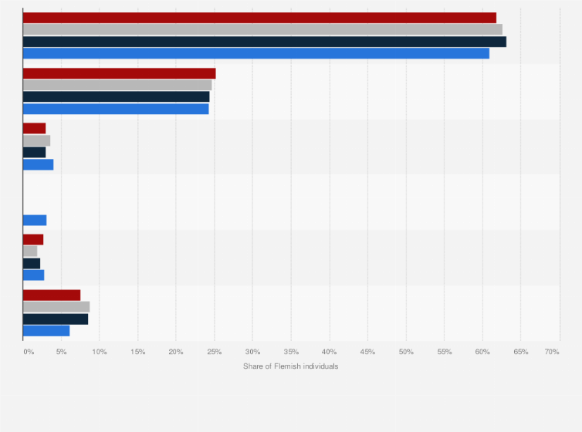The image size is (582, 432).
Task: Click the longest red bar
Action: (x=259, y=17)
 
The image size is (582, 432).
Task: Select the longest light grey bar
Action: (x=262, y=29)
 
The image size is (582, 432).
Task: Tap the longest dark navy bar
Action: (x=265, y=42)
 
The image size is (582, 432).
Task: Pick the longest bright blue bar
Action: (x=256, y=53)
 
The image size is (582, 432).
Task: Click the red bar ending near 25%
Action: (x=119, y=73)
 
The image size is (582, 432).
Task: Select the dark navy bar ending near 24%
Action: (x=116, y=97)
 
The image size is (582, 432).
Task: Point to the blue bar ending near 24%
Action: (x=116, y=109)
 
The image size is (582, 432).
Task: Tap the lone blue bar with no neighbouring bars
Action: (x=35, y=220)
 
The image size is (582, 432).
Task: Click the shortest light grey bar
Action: (x=30, y=251)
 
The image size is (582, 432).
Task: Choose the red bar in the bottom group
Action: (x=52, y=295)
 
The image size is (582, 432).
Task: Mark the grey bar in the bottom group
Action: (x=56, y=306)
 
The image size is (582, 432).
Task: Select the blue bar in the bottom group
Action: (x=46, y=330)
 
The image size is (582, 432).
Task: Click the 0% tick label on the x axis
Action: (x=28, y=352)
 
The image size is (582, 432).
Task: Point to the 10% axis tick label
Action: (x=100, y=352)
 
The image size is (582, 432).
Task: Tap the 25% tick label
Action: (x=215, y=352)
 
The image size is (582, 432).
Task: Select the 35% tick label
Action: (x=291, y=352)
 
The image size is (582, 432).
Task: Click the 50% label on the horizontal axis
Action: (x=406, y=352)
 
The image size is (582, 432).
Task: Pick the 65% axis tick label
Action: (x=521, y=352)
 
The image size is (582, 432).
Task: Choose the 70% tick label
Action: (x=552, y=352)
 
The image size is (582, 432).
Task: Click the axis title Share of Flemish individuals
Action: (x=290, y=366)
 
